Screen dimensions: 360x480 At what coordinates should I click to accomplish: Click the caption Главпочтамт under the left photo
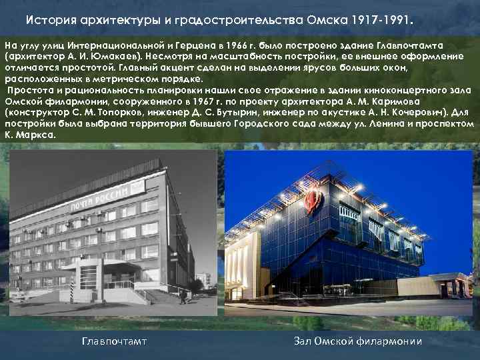tap(113, 342)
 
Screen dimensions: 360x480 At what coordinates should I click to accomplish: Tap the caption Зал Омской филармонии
tap(358, 342)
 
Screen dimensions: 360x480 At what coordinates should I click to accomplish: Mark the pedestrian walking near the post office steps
tap(183, 295)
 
